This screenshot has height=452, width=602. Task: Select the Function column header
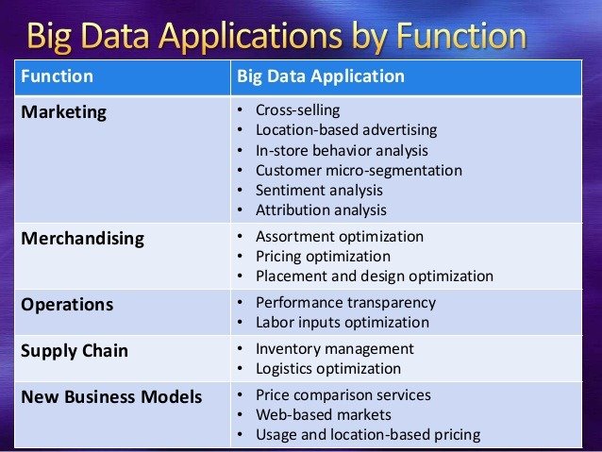57,76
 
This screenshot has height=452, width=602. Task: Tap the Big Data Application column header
321,76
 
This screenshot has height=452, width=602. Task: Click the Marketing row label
64,112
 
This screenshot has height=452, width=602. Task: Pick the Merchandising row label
82,239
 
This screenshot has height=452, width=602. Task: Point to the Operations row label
67,305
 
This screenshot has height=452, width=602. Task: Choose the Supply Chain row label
75,351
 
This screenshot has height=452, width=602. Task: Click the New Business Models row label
111,396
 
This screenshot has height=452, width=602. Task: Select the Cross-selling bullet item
297,110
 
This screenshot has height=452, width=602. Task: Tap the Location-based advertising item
346,130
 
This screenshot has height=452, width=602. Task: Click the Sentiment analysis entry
319,191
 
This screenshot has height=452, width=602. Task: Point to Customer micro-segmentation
359,171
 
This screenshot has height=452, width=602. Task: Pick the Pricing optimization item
324,257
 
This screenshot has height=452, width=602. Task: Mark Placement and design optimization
375,276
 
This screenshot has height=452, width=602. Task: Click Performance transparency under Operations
345,303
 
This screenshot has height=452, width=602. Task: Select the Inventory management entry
335,349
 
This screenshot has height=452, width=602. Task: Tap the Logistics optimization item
328,369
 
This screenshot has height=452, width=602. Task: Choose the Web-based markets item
324,415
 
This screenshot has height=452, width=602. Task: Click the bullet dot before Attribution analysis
240,210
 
